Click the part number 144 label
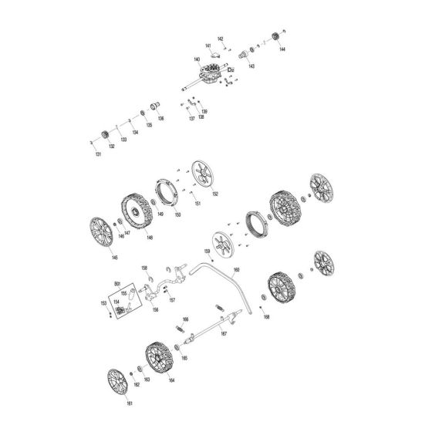(282, 49)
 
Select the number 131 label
(98, 155)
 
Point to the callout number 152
(214, 194)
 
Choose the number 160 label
(236, 269)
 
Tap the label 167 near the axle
(224, 334)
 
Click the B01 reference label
(117, 285)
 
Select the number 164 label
(171, 381)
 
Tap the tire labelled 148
(138, 211)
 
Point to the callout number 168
(266, 317)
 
